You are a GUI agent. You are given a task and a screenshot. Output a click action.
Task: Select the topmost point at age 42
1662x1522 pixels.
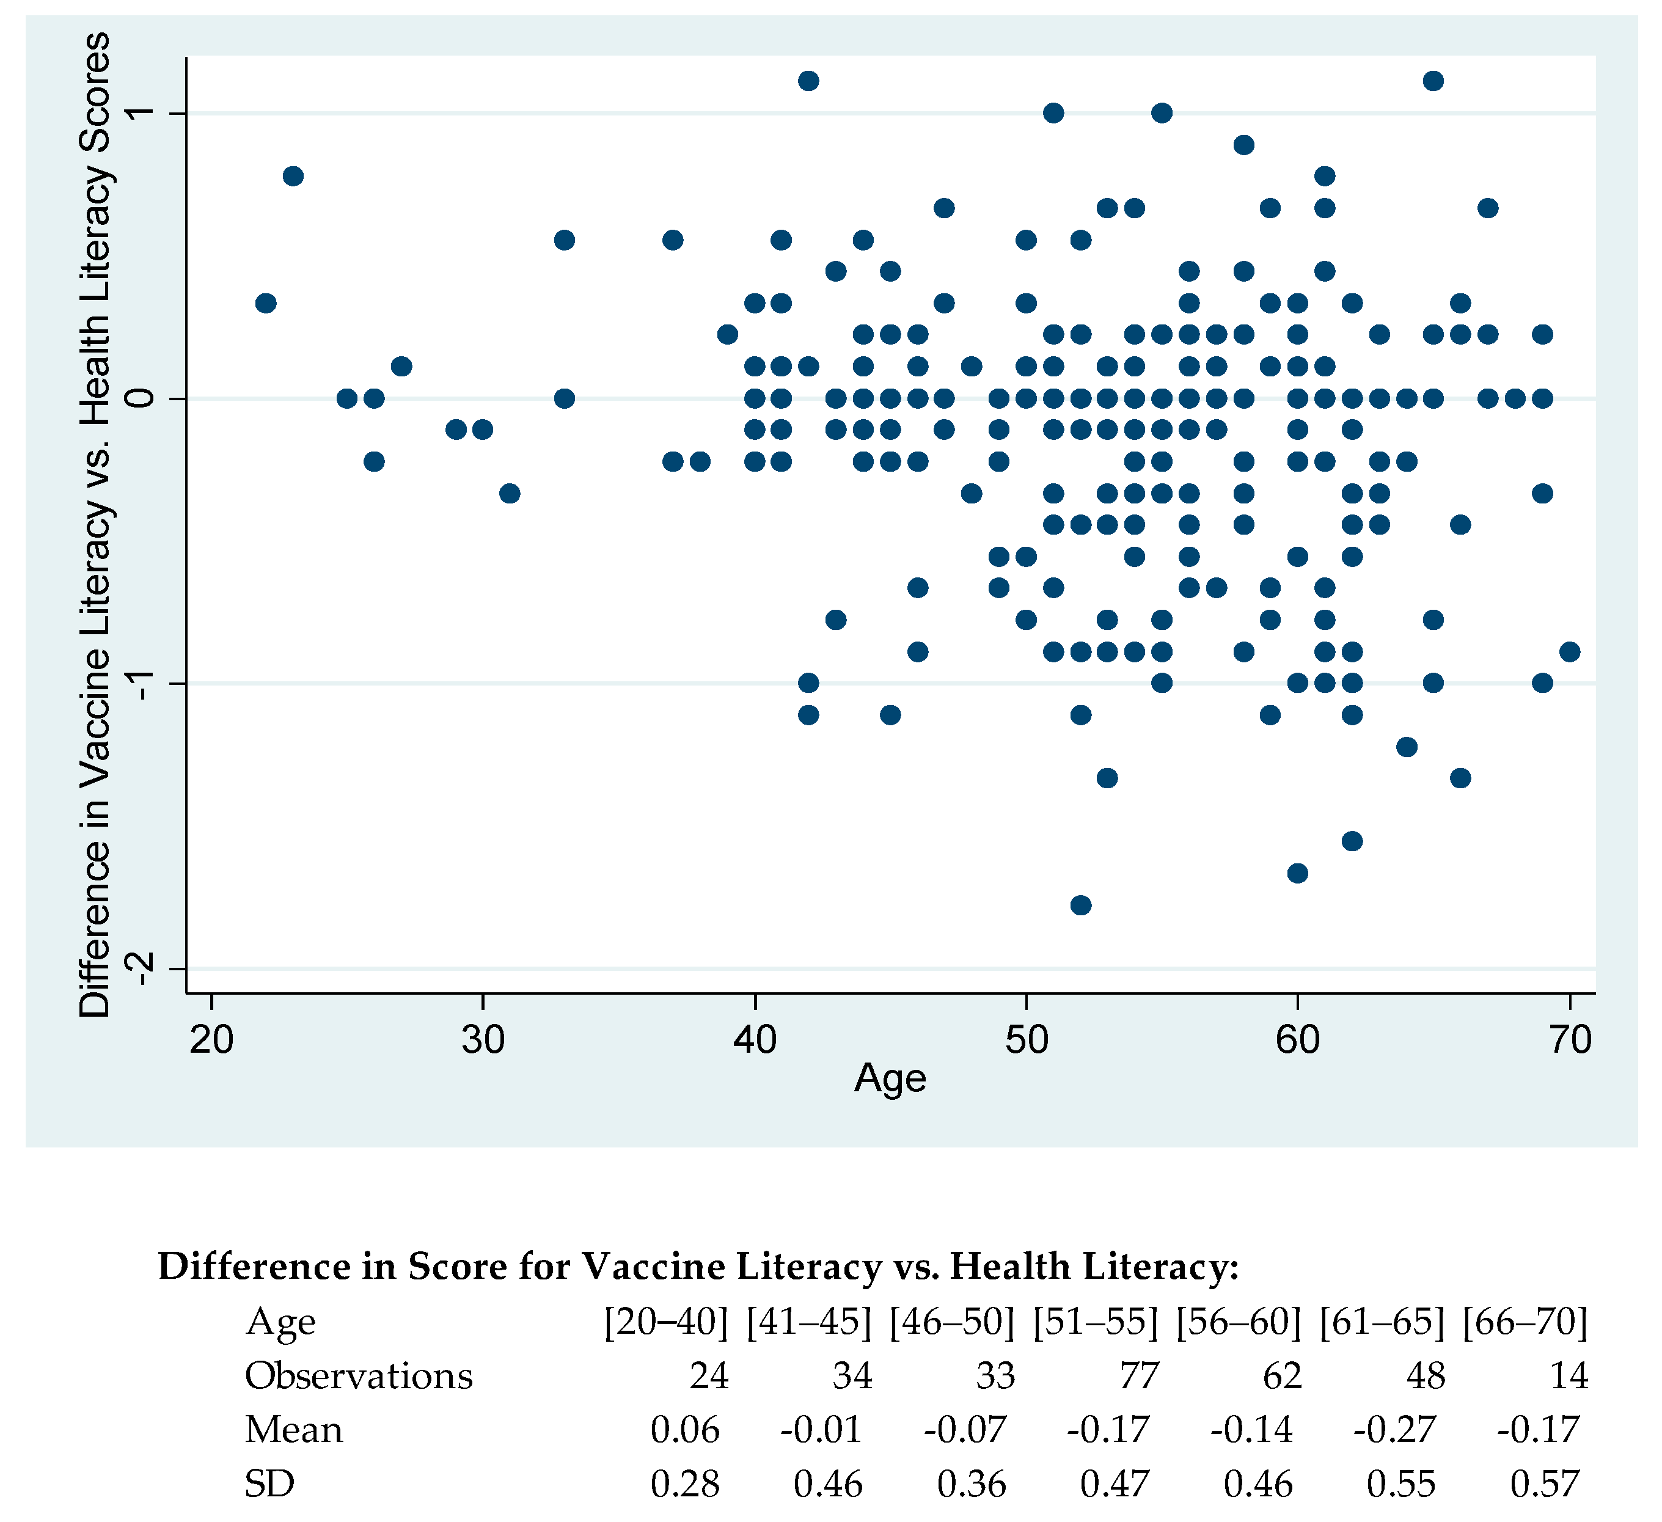coord(809,81)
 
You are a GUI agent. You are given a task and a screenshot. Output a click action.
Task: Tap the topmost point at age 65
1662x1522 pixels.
coord(1433,81)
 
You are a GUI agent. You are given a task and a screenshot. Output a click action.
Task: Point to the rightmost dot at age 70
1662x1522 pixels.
coord(1570,652)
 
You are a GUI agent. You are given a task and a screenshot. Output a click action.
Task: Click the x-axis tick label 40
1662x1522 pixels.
coord(755,1041)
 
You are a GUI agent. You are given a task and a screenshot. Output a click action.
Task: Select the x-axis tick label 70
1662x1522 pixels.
coord(1570,1041)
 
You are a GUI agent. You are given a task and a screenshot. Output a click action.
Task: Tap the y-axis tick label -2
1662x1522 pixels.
coord(142,968)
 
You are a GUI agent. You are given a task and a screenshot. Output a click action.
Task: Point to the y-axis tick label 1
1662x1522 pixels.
coord(142,113)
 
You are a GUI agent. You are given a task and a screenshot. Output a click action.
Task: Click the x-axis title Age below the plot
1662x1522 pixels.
coord(890,1078)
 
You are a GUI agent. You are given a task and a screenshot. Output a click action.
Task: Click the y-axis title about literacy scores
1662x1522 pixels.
coord(95,524)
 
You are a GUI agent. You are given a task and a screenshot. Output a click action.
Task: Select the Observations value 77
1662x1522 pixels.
coord(1138,1376)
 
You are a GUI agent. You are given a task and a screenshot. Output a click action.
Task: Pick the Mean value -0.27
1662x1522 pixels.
coord(1395,1430)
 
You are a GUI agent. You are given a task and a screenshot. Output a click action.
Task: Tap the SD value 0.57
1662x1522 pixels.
coord(1544,1484)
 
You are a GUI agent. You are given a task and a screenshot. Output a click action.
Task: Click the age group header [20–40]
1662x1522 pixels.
coord(666,1322)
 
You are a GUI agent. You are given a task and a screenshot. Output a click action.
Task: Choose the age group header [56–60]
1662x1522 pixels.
coord(1239,1322)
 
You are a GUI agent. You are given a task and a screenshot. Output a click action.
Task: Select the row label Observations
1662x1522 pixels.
coord(359,1376)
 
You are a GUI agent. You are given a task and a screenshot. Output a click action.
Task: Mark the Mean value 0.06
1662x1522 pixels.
coord(685,1430)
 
